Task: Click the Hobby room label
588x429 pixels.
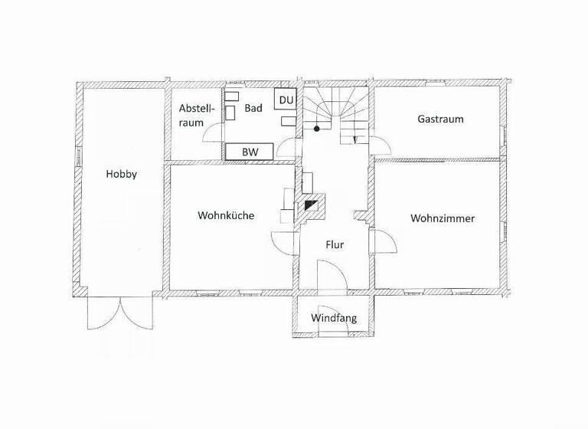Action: pyautogui.click(x=122, y=174)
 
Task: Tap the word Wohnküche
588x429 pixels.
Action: pyautogui.click(x=225, y=215)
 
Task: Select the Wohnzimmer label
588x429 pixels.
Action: pyautogui.click(x=442, y=218)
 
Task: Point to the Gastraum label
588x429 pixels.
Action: pyautogui.click(x=440, y=119)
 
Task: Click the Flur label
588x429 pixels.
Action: pyautogui.click(x=334, y=245)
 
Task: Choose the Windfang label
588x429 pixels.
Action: pyautogui.click(x=334, y=317)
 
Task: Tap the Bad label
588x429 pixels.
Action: pyautogui.click(x=253, y=109)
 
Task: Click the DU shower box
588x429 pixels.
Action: pyautogui.click(x=286, y=100)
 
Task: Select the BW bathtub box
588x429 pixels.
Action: pyautogui.click(x=250, y=152)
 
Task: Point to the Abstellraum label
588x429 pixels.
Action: pyautogui.click(x=195, y=114)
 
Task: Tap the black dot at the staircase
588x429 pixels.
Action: pyautogui.click(x=316, y=129)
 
